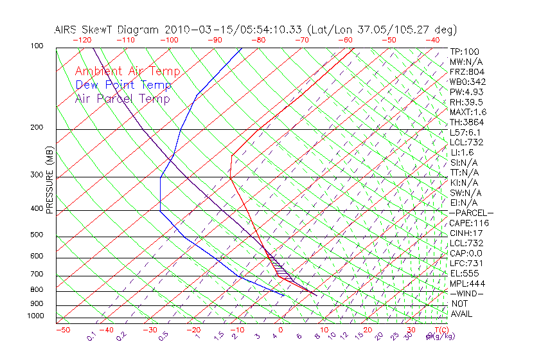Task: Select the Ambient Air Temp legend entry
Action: [127, 71]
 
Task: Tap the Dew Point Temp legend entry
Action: [123, 85]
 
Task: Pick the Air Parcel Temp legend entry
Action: [123, 98]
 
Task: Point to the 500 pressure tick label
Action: [36, 235]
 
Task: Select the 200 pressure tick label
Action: [37, 128]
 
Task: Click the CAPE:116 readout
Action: [469, 223]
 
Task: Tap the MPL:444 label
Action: [466, 283]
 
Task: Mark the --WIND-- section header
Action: [467, 294]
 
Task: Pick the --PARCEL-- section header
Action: [472, 213]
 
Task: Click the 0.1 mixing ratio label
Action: [92, 336]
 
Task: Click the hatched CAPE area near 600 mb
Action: [276, 263]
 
